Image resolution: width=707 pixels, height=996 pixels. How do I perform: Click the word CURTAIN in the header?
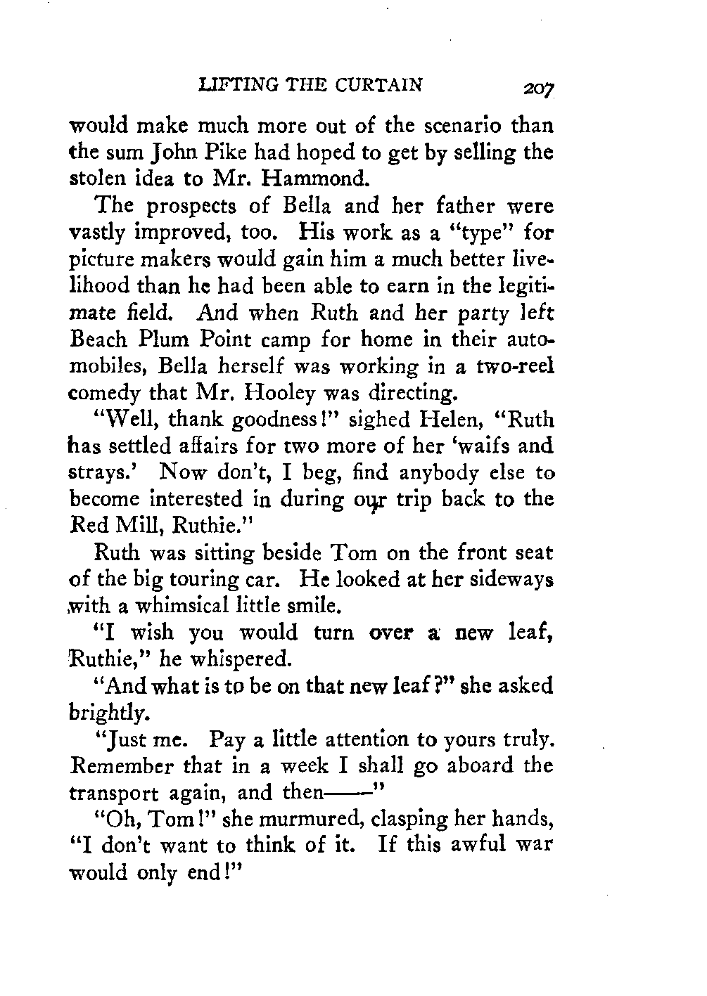click(380, 86)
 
